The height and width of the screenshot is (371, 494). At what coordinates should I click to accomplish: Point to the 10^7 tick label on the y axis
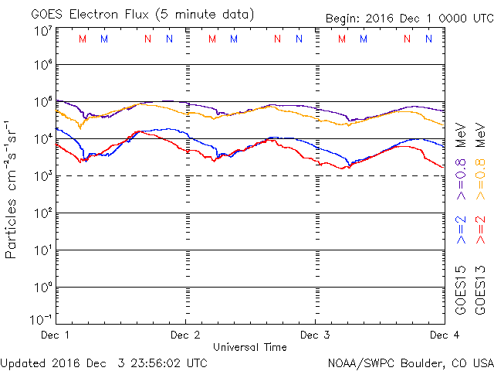[x=40, y=31]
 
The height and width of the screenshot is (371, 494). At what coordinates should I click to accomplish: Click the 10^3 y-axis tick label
[x=40, y=176]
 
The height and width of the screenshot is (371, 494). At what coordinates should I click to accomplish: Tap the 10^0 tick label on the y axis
[x=40, y=288]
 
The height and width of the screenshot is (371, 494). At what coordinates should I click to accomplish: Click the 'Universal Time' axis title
[x=249, y=348]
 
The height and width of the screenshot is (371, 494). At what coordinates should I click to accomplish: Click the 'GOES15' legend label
[x=462, y=290]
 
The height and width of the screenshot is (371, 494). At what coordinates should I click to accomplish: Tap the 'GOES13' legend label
[x=482, y=290]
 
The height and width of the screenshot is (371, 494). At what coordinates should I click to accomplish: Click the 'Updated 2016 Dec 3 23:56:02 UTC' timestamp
[x=103, y=362]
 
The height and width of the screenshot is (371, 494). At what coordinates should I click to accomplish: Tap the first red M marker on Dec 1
[x=83, y=39]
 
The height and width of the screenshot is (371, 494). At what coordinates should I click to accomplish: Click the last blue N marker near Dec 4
[x=428, y=39]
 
